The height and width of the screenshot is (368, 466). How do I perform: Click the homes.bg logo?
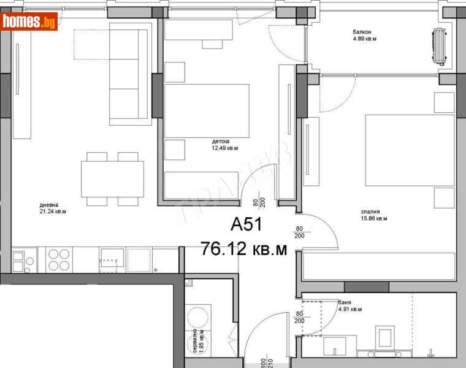click(29, 21)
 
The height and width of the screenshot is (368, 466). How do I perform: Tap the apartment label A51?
click(246, 225)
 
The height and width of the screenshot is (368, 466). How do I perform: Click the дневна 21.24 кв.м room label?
click(52, 209)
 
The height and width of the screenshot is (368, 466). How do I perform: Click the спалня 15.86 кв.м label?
click(373, 215)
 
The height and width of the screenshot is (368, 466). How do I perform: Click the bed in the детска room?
click(207, 111)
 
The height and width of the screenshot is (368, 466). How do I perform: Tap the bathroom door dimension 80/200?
click(299, 316)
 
